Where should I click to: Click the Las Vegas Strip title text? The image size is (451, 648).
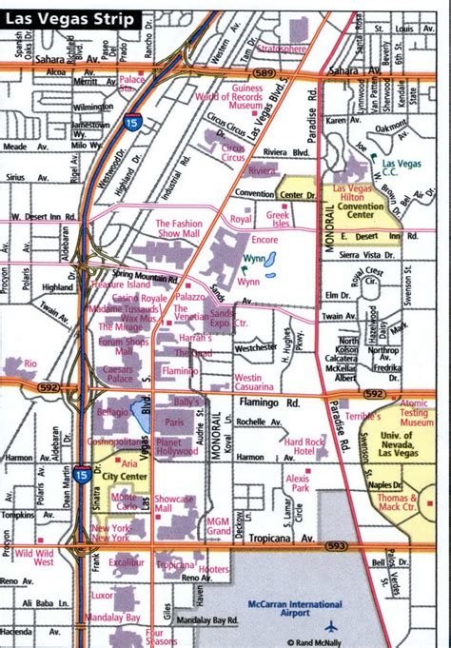[x=69, y=19]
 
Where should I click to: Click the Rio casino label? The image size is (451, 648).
[x=30, y=363]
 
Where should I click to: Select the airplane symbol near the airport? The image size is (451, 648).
[x=331, y=626]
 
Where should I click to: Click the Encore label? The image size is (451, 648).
[x=265, y=240]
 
